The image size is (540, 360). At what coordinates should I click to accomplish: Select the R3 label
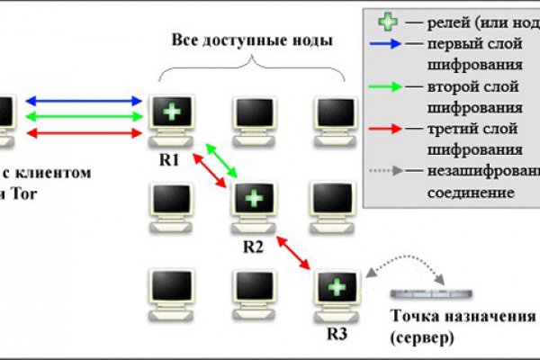click(335, 331)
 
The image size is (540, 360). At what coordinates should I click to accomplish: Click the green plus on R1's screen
click(169, 113)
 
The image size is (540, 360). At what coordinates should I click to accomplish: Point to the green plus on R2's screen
click(255, 197)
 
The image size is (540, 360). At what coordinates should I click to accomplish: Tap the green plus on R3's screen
click(336, 286)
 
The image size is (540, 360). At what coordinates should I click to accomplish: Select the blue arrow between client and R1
click(86, 101)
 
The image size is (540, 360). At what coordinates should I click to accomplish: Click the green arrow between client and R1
click(86, 117)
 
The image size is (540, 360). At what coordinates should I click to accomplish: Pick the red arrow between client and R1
click(86, 133)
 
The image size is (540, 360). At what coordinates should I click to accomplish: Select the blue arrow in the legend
click(385, 42)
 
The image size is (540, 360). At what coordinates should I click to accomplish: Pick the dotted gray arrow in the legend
click(385, 171)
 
